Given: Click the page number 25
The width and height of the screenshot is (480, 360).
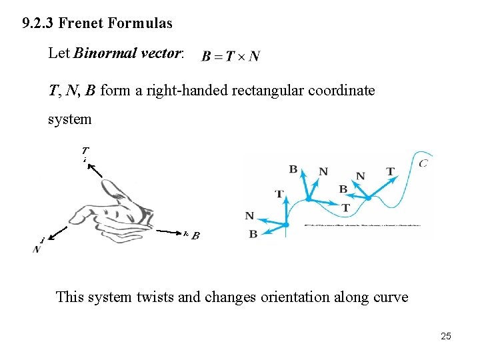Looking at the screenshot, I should click(446, 336).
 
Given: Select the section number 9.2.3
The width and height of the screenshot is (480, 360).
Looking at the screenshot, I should click(38, 23).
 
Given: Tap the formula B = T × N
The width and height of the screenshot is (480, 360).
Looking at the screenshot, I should click(231, 57).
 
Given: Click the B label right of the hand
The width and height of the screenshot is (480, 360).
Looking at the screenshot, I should click(195, 235).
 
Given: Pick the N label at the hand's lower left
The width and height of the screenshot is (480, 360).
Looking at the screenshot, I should click(36, 249).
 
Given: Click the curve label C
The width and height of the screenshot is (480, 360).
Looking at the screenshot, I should click(423, 163).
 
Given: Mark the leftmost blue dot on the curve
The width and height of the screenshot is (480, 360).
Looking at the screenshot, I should click(286, 225).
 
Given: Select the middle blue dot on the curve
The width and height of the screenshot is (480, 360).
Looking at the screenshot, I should click(309, 198).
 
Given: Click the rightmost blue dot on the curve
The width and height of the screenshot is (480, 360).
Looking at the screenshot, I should click(368, 198).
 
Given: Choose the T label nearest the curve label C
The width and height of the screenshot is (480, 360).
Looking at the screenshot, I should click(390, 172).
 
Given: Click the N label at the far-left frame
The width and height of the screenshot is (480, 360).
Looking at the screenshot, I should click(249, 216).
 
